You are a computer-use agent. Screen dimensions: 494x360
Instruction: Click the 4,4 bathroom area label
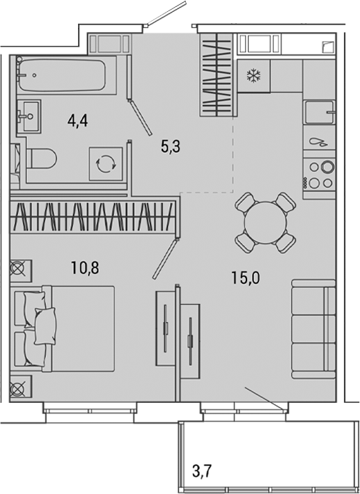coord(77,122)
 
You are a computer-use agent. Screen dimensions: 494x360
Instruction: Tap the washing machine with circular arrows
coord(106,164)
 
